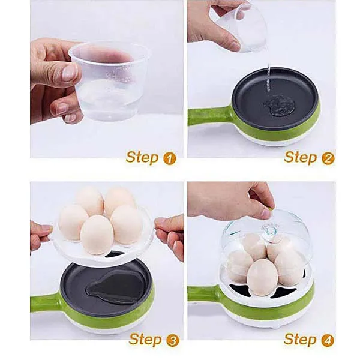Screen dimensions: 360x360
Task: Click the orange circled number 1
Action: (x=169, y=158)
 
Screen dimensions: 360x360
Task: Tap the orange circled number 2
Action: (x=328, y=158)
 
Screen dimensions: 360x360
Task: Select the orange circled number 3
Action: (x=172, y=340)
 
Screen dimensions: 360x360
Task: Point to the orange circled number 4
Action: (x=328, y=340)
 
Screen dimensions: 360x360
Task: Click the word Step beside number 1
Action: (x=142, y=158)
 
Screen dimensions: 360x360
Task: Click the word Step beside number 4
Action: (x=300, y=340)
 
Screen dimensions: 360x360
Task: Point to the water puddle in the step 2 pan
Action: (x=278, y=107)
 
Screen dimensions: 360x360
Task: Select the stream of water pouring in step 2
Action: (x=269, y=78)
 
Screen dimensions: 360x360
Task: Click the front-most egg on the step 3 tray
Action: (x=97, y=235)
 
